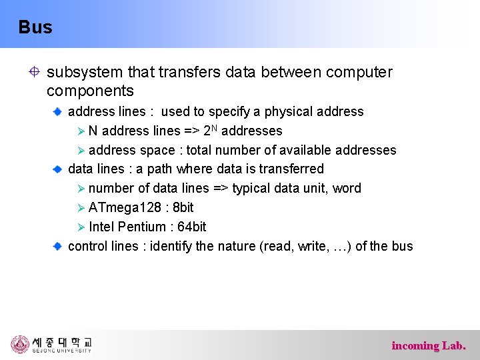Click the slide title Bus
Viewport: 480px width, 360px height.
pyautogui.click(x=35, y=27)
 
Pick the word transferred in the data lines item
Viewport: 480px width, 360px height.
pyautogui.click(x=291, y=169)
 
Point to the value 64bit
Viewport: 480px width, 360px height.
pyautogui.click(x=192, y=227)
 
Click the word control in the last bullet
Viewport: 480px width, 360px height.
pyautogui.click(x=88, y=246)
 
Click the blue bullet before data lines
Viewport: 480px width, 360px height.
pyautogui.click(x=58, y=169)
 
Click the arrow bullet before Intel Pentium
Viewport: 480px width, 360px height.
pyautogui.click(x=80, y=227)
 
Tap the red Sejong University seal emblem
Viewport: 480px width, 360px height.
pyautogui.click(x=20, y=344)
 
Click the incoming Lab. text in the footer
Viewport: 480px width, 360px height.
pyautogui.click(x=428, y=345)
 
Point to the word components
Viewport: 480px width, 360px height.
pyautogui.click(x=90, y=91)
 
